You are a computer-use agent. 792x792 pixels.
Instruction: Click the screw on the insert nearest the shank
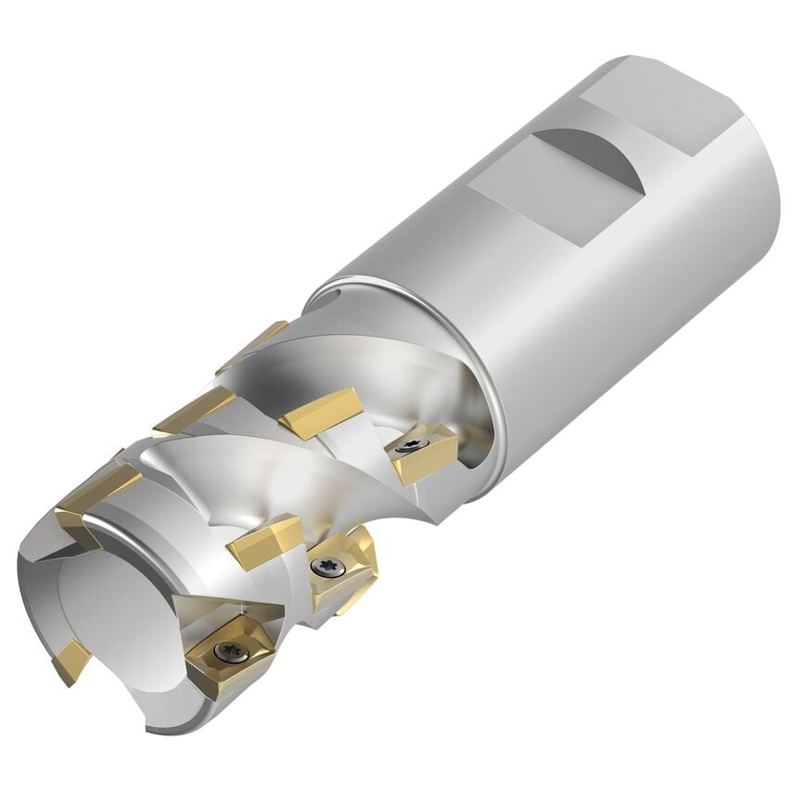pyautogui.click(x=409, y=447)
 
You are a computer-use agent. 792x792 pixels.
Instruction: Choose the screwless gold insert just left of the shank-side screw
pyautogui.click(x=320, y=413)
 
